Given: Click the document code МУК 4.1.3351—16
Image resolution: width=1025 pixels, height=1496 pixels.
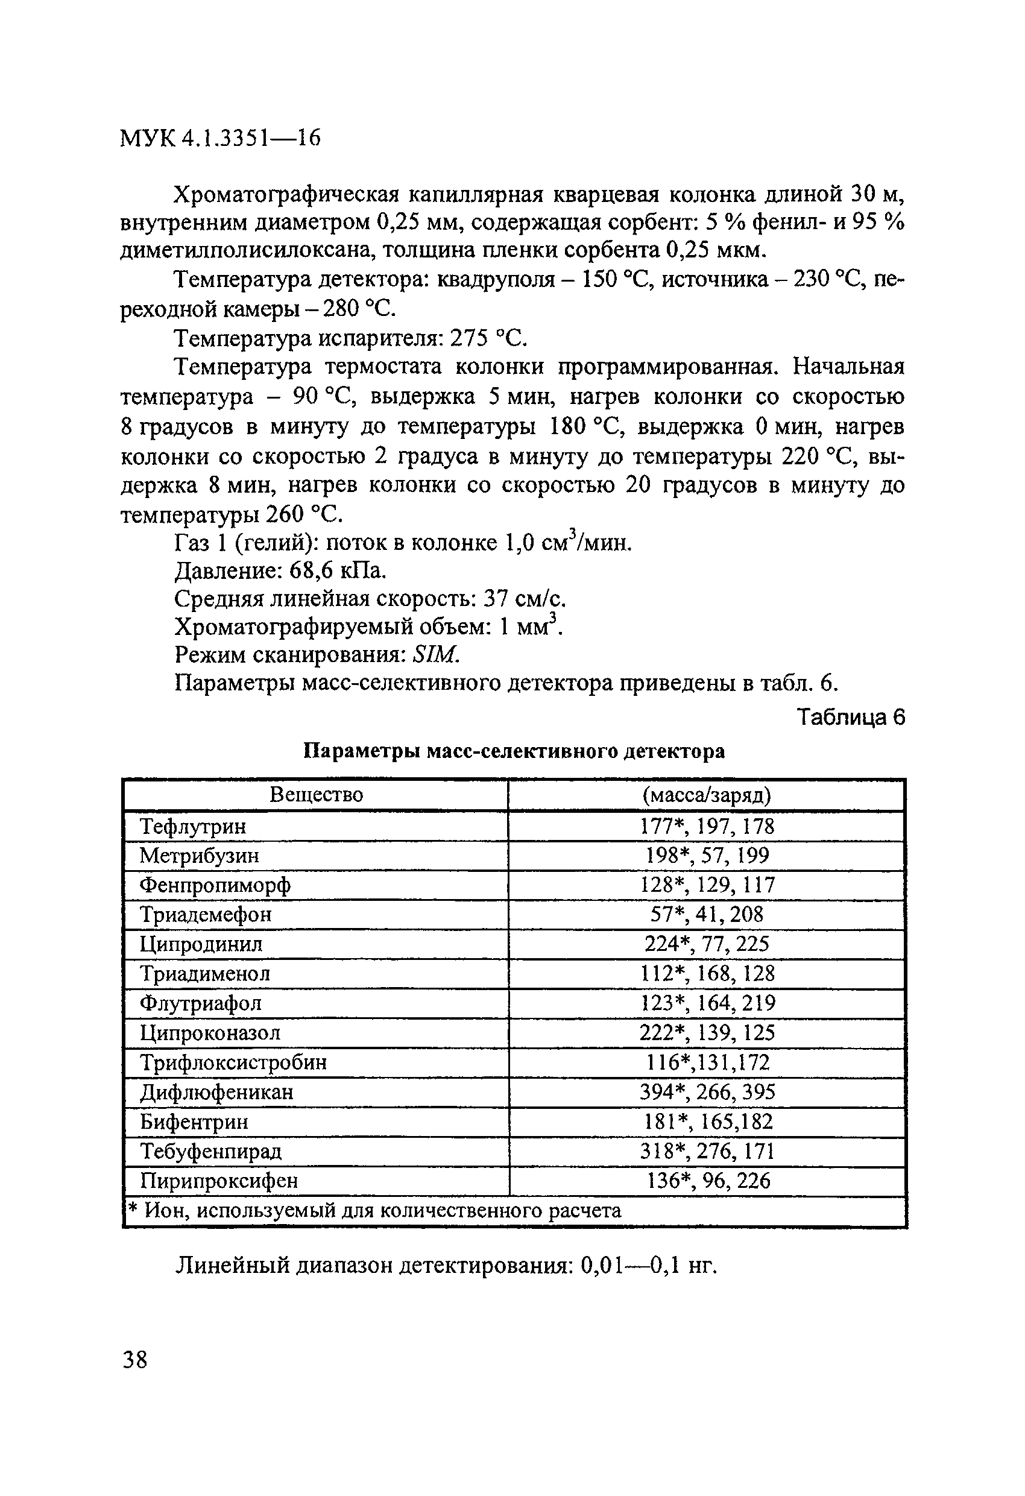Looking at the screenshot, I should pos(220,139).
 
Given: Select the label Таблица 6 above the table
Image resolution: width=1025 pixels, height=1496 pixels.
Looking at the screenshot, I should pos(851,716).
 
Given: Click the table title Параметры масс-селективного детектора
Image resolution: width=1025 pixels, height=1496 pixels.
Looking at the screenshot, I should pos(514,751).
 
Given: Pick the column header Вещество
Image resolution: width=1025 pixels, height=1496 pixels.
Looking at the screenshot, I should pos(315,794).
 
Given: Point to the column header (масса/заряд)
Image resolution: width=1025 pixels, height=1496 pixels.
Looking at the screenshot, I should pos(706,795).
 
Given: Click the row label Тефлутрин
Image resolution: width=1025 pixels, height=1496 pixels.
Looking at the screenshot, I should pos(193,826).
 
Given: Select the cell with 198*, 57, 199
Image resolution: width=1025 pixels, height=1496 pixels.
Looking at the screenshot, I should pos(707,856).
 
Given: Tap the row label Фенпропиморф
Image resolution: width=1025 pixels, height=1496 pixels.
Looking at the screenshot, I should pos(215,885).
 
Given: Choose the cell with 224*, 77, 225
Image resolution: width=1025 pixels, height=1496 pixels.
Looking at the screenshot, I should pos(707,944).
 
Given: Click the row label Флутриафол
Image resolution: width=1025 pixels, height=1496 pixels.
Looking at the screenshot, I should pos(201,1003).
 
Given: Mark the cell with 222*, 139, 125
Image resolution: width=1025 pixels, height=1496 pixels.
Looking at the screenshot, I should pos(707,1032).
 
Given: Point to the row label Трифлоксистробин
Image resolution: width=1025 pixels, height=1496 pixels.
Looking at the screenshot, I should pos(233,1062).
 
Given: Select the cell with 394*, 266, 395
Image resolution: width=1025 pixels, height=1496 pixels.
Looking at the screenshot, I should pos(707,1092).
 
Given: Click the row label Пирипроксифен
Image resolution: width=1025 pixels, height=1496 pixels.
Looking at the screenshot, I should pos(219,1181).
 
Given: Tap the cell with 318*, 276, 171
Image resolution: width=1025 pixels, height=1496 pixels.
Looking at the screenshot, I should pos(707,1151).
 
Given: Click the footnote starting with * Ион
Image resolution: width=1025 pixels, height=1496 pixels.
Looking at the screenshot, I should pos(373,1211).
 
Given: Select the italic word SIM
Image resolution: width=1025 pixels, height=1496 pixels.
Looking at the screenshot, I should pos(436,655).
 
